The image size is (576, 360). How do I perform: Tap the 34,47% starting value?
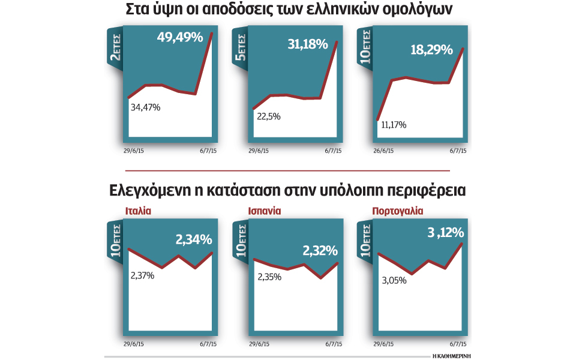pos(145,107)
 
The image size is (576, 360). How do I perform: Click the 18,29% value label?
pos(431,50)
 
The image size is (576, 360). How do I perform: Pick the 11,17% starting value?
pos(394,125)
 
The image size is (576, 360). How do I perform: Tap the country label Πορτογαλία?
pos(398,211)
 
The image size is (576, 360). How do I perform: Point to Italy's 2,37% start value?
pos(143,275)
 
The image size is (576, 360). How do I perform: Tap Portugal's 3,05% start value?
pos(395,280)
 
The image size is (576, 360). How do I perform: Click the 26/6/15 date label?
pos(383,152)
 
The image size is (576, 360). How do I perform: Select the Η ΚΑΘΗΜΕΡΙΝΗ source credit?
pos(451,356)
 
